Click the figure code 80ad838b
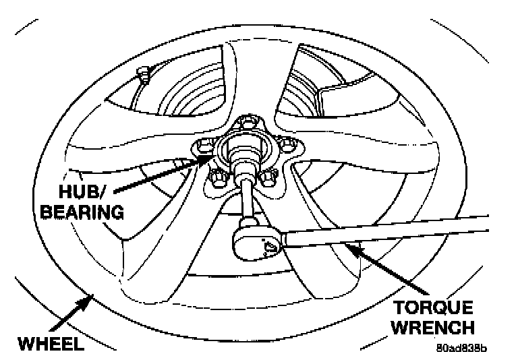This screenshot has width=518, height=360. (x=462, y=349)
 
